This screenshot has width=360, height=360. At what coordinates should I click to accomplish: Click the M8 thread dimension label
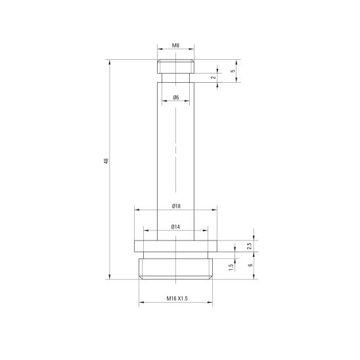[x=175, y=45]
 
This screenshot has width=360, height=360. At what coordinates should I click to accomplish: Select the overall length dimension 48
[x=106, y=161]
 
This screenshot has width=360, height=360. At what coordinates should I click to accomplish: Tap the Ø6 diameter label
[x=176, y=98]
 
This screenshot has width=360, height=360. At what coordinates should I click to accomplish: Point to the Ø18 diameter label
[x=176, y=206]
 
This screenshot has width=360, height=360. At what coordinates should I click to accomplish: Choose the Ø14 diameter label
[x=175, y=227]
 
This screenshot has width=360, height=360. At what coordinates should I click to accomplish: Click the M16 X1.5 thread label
[x=177, y=298]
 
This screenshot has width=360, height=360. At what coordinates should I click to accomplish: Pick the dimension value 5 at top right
[x=233, y=71]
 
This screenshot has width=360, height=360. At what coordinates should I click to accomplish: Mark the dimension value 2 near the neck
[x=214, y=78]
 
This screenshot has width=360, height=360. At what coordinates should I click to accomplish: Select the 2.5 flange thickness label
[x=250, y=246]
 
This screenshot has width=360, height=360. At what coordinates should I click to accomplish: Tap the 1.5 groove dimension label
[x=231, y=267]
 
